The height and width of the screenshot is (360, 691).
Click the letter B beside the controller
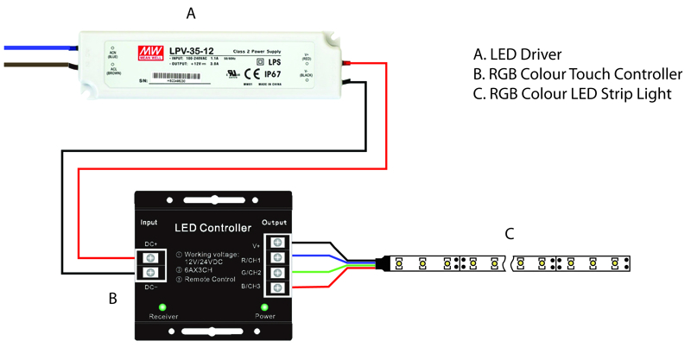[112, 300]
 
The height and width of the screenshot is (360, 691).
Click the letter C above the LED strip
[510, 233]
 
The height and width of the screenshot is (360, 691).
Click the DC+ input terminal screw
[149, 257]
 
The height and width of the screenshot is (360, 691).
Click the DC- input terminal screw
[149, 274]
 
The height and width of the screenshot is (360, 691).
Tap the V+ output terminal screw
[278, 242]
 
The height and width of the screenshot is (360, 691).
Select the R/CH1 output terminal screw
[278, 257]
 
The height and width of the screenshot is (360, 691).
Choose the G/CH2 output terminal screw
[278, 274]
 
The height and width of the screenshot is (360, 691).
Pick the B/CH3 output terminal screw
[278, 289]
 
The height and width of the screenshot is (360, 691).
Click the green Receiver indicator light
[162, 306]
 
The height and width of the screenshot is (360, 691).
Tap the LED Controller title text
[213, 228]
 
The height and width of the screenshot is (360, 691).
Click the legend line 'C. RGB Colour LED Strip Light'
[573, 93]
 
